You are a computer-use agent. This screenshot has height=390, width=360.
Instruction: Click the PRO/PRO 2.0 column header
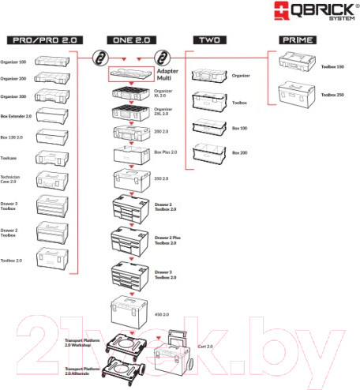39,39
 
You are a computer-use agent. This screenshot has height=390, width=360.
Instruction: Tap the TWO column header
210,39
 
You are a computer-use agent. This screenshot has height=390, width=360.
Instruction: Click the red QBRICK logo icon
282,12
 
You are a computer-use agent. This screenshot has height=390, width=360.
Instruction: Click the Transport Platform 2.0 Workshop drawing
129,343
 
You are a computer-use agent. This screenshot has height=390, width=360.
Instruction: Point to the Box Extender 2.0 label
15,115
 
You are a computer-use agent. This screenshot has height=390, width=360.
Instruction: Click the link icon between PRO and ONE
100,58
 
